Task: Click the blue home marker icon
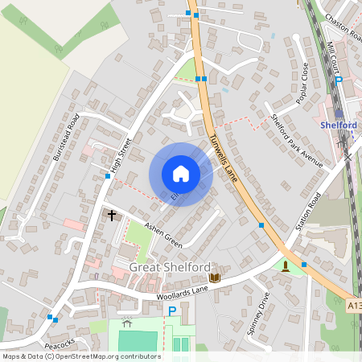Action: click(x=180, y=174)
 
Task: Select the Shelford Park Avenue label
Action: click(x=295, y=142)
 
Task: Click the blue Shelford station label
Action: click(x=339, y=125)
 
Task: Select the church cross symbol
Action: click(x=112, y=215)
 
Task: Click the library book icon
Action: click(x=214, y=278)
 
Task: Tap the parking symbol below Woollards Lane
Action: click(x=171, y=311)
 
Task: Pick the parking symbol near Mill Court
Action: click(x=339, y=80)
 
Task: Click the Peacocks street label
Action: click(x=60, y=346)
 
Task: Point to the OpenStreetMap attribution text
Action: click(x=80, y=356)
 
